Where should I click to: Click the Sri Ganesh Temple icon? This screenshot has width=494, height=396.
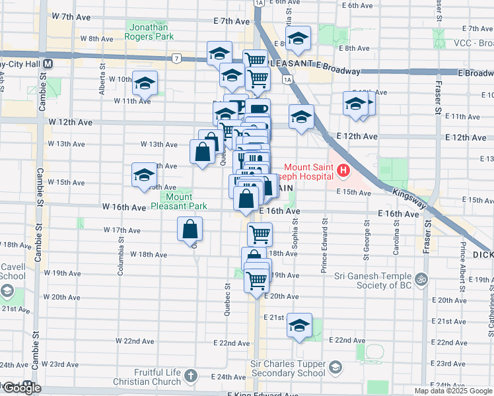pos(423,279)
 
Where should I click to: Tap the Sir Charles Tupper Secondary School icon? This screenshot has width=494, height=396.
pos(335,366)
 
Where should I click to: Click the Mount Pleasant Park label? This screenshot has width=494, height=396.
pos(178,201)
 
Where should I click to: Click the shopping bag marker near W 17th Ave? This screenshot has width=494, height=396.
pos(190,230)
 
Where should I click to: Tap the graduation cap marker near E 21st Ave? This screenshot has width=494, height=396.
pos(299,325)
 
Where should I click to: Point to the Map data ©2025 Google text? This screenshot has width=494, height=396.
pos(453,391)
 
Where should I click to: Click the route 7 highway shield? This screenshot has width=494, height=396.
pos(176,58)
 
